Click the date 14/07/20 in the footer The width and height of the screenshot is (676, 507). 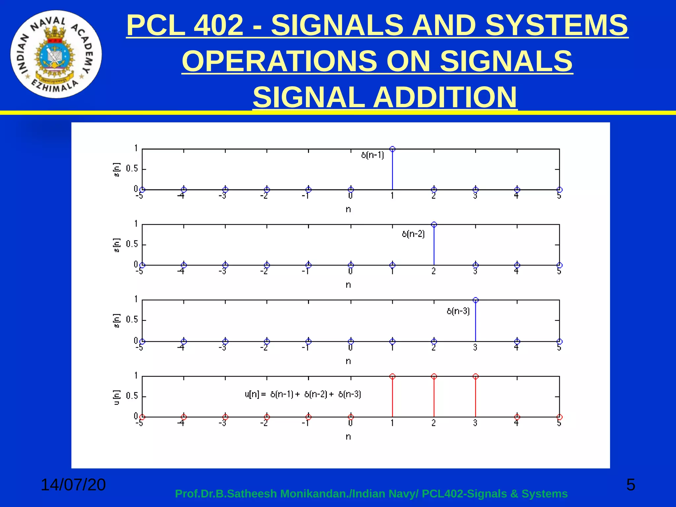coord(73,485)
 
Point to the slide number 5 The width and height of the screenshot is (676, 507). coord(630,485)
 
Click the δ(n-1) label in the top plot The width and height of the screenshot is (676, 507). coord(373,155)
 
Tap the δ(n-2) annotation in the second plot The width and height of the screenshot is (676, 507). coord(413,234)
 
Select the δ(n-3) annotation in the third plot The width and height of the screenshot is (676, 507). coord(458,311)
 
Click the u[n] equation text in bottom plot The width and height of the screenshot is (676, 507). coord(303,394)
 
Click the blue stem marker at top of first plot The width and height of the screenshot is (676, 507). coord(392,149)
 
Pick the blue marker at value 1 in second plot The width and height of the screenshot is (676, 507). coord(434,225)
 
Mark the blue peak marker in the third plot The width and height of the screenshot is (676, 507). coord(476,300)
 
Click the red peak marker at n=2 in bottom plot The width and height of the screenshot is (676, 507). coord(434,376)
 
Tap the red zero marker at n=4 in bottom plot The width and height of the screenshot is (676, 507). coord(517,417)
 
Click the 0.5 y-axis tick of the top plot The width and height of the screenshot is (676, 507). coord(132,169)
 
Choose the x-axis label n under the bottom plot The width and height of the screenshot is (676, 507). coord(348,437)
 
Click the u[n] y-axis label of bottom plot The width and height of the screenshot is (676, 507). coord(117,397)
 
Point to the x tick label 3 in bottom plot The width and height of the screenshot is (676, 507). coord(475,423)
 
